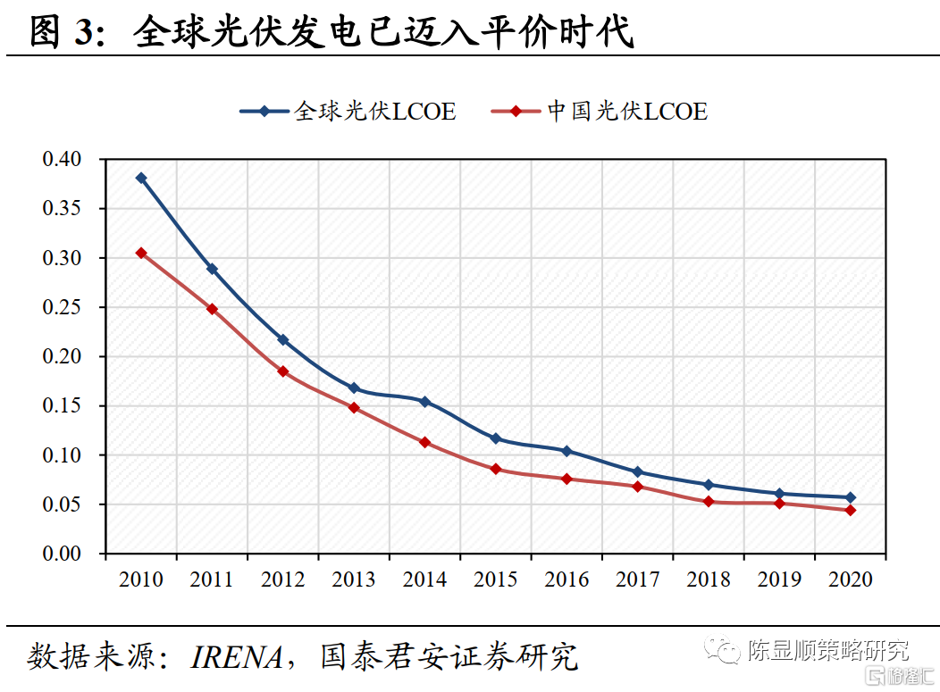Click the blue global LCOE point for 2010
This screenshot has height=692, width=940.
pyautogui.click(x=141, y=178)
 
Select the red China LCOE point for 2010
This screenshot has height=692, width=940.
pyautogui.click(x=141, y=253)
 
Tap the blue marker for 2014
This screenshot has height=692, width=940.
pyautogui.click(x=424, y=402)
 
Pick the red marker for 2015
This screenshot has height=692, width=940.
pyautogui.click(x=496, y=469)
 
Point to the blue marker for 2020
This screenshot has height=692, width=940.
pyautogui.click(x=851, y=497)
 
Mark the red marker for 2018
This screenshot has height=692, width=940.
pyautogui.click(x=709, y=502)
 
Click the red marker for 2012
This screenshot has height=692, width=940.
pyautogui.click(x=283, y=371)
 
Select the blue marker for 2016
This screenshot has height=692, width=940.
pyautogui.click(x=567, y=451)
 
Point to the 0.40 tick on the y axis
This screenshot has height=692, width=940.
pyautogui.click(x=62, y=160)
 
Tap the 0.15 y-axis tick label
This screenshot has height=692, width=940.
pyautogui.click(x=62, y=406)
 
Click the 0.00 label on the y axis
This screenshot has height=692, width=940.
pyautogui.click(x=62, y=554)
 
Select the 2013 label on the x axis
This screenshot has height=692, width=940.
pyautogui.click(x=354, y=579)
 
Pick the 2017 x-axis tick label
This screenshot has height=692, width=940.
pyautogui.click(x=637, y=579)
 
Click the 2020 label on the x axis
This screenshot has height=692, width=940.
pyautogui.click(x=851, y=579)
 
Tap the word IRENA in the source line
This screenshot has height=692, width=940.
pyautogui.click(x=237, y=656)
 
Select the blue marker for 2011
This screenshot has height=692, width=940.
pyautogui.click(x=212, y=269)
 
